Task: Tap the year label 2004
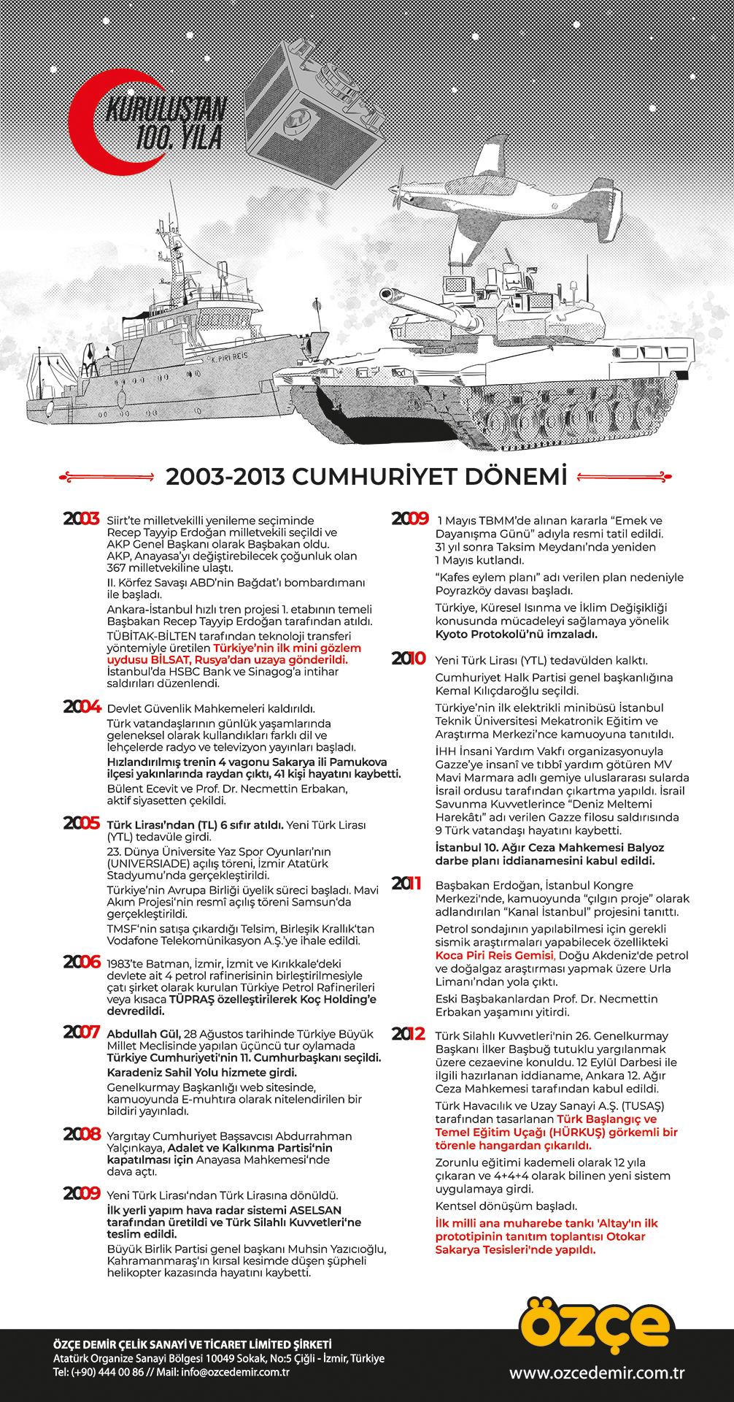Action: coord(81,707)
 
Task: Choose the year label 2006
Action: coord(81,962)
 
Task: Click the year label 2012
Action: coord(409,1034)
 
